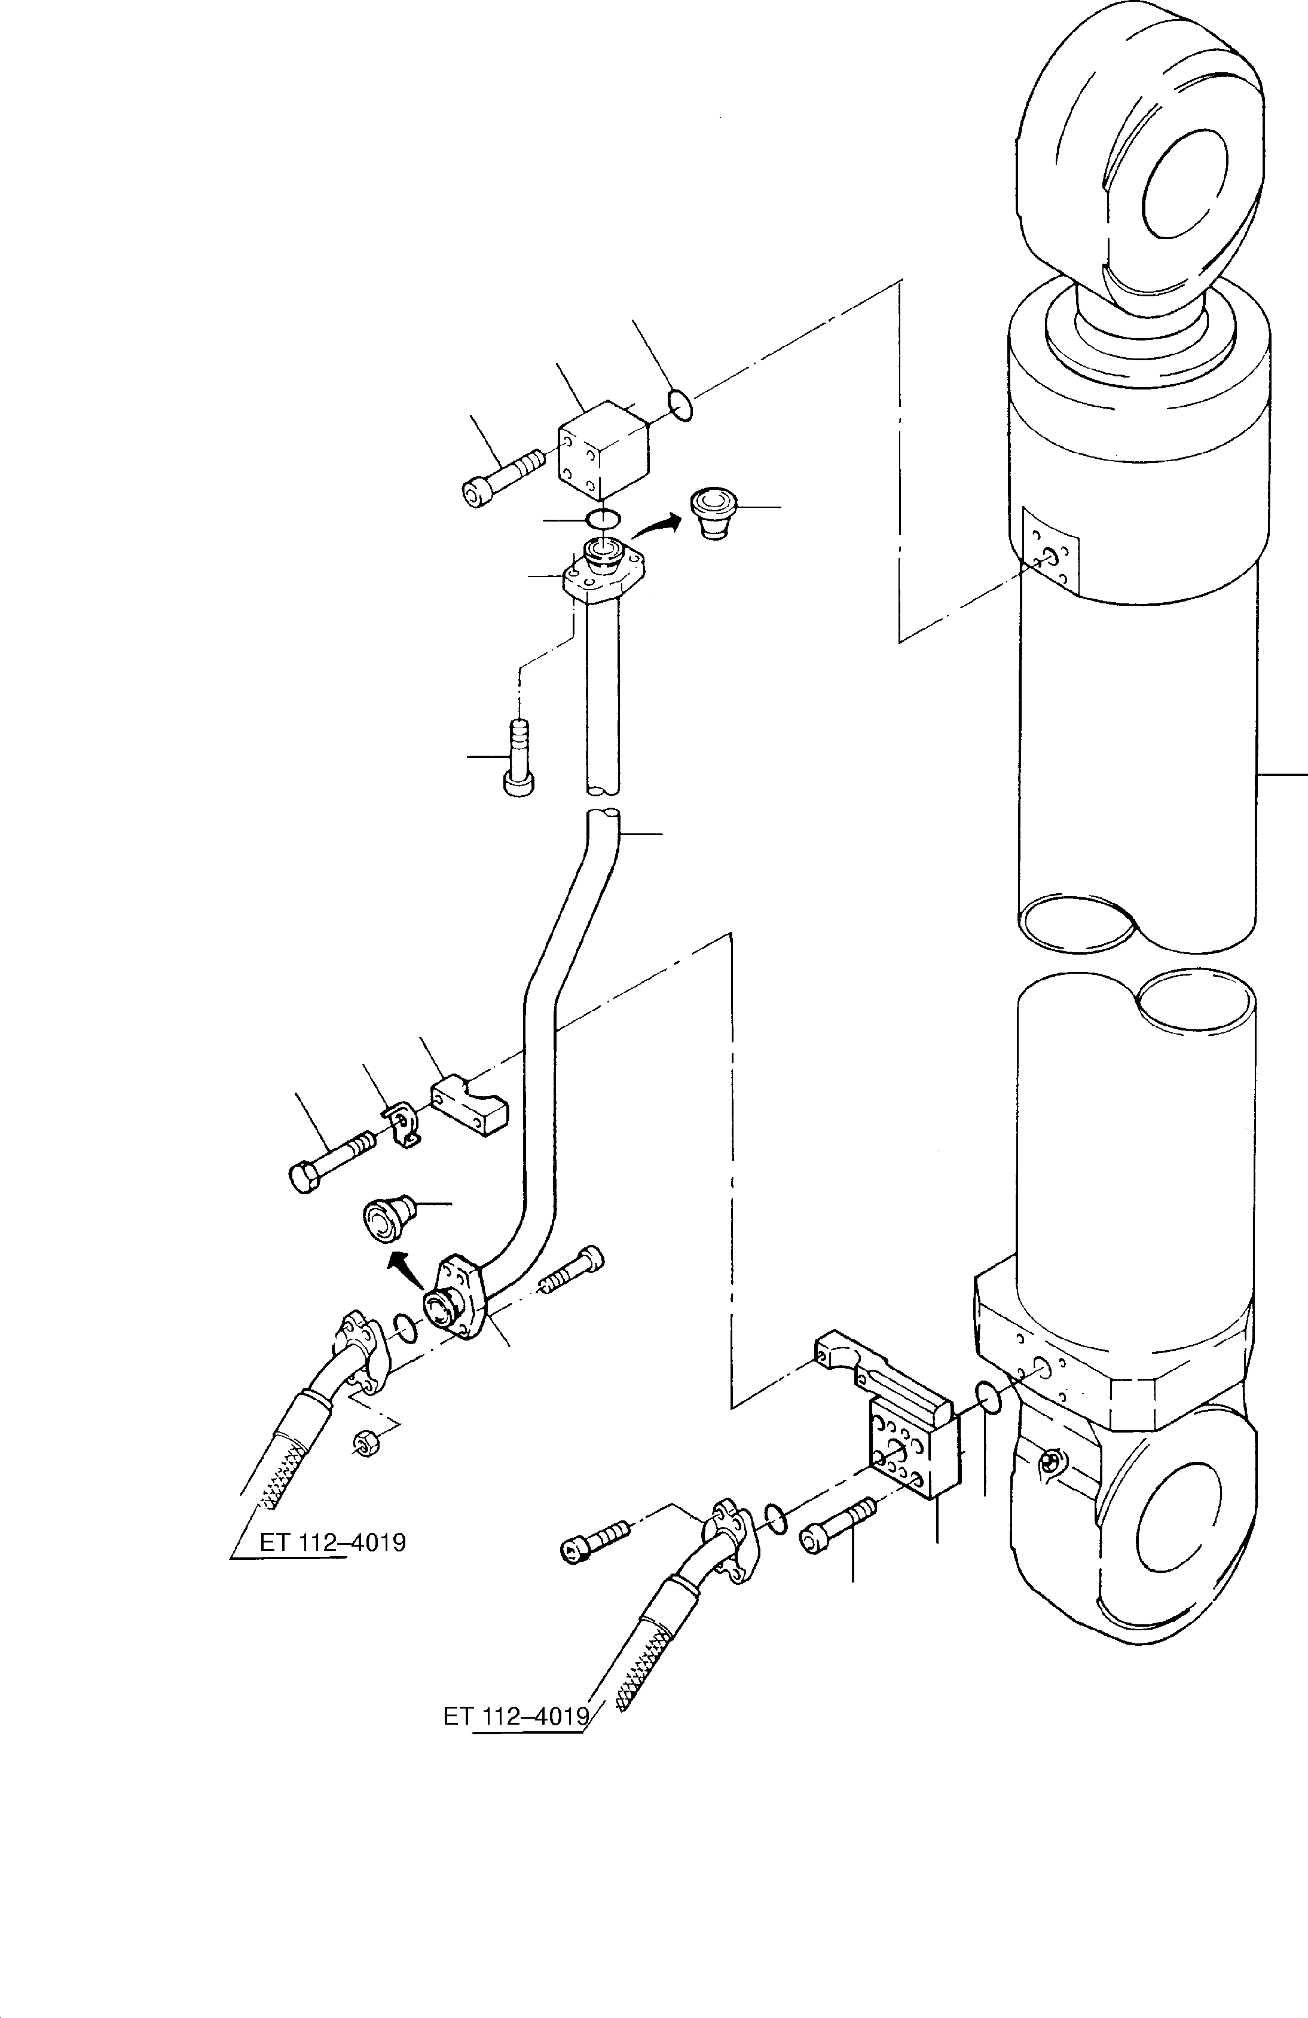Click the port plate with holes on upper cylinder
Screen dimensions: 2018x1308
(1050, 551)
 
